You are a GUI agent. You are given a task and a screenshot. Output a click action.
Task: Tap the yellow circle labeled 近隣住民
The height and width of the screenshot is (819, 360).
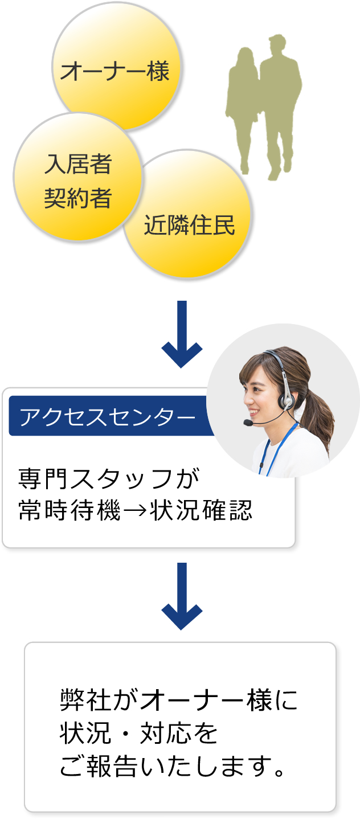(189, 219)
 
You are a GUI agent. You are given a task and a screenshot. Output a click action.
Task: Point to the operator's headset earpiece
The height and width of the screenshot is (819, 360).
(287, 399)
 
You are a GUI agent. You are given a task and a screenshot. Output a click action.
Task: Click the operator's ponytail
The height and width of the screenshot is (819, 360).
(322, 416)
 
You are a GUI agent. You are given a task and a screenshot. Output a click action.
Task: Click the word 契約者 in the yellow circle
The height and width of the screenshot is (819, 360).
(77, 199)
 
